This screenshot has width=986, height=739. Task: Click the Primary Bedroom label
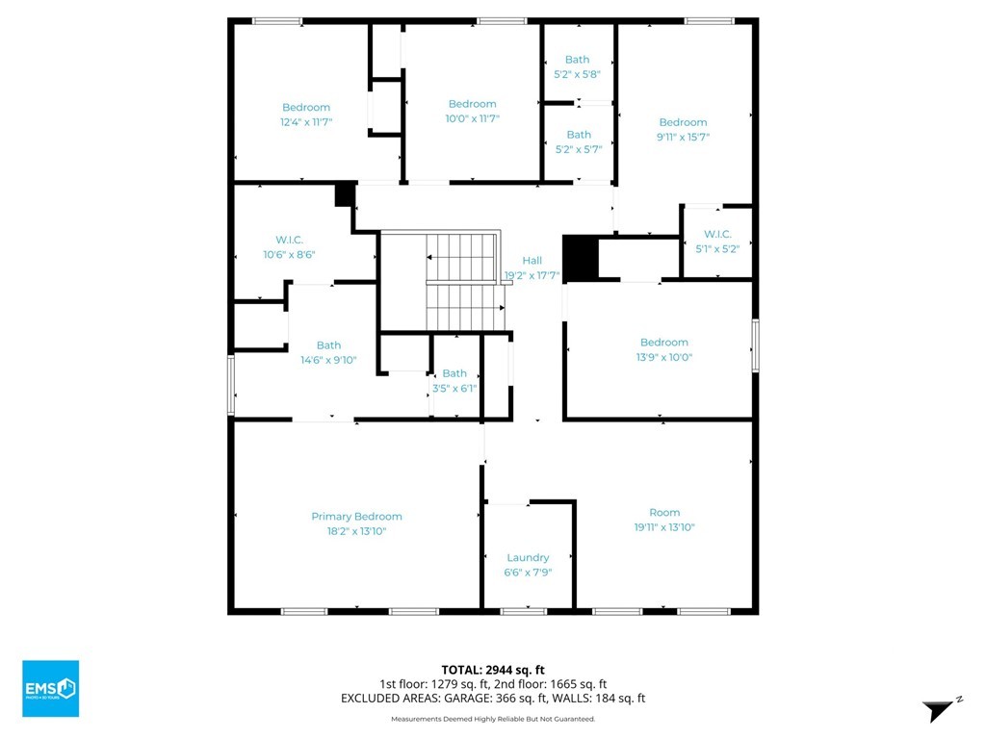click(356, 517)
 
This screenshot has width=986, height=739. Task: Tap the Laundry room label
click(528, 558)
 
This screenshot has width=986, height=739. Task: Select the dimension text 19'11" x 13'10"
click(664, 527)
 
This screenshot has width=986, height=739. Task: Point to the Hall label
click(532, 260)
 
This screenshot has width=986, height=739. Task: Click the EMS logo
click(50, 688)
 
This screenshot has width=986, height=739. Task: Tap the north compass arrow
click(940, 709)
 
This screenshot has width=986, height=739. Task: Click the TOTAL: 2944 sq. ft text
click(493, 670)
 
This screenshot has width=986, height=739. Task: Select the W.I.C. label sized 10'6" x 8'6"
click(289, 240)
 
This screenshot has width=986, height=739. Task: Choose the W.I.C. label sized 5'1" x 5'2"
click(717, 235)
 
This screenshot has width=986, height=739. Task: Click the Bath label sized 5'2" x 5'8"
click(578, 60)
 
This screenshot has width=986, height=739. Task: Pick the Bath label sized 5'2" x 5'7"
click(579, 135)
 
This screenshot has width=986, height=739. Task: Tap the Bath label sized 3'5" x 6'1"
click(454, 373)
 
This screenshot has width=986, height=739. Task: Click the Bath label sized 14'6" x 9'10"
click(328, 345)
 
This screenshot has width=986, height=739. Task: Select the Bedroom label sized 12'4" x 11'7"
click(306, 108)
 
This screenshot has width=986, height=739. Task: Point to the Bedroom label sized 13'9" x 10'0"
click(664, 343)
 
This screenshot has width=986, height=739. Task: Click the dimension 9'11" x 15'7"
click(683, 137)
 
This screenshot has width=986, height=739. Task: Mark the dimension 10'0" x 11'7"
click(472, 118)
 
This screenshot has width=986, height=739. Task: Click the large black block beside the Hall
click(580, 259)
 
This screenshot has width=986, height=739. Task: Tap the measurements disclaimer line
click(493, 719)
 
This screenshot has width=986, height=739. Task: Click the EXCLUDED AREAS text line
click(493, 699)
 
